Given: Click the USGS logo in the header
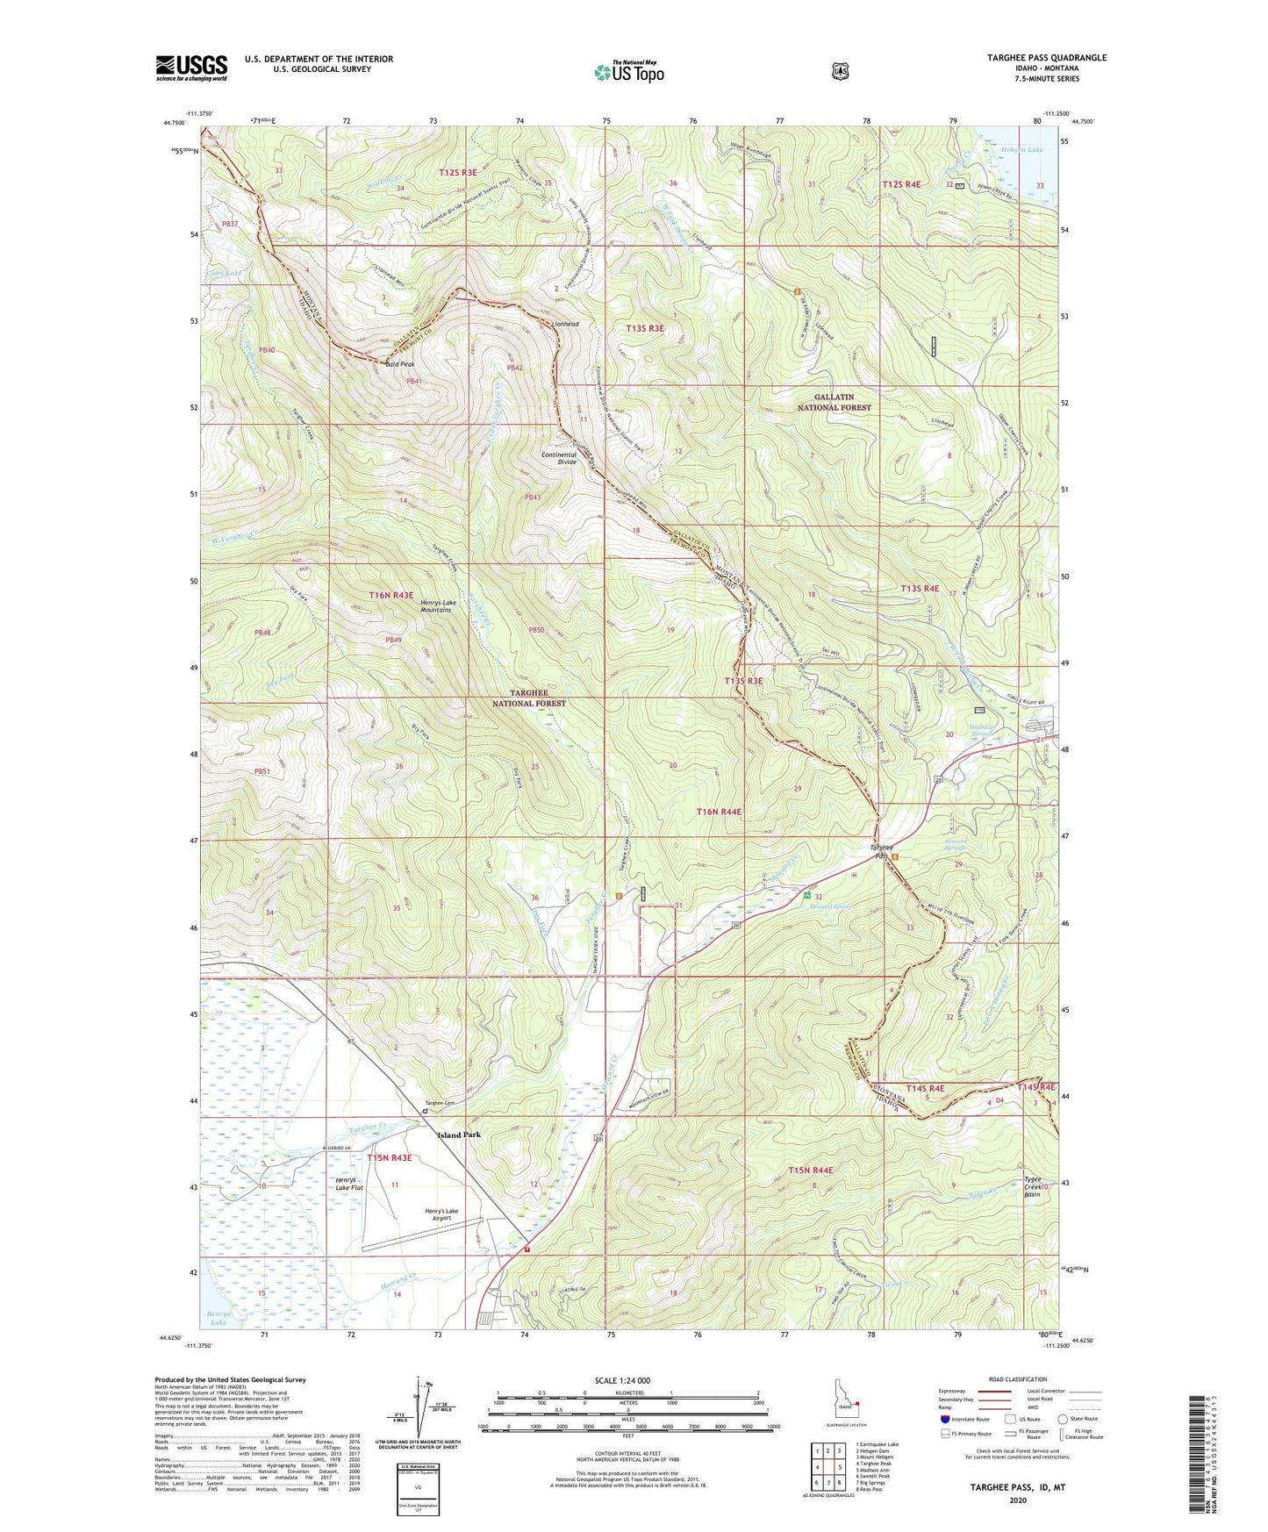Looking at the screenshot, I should pyautogui.click(x=191, y=68).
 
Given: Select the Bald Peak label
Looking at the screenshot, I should pyautogui.click(x=399, y=364).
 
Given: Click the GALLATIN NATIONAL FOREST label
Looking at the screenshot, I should pyautogui.click(x=834, y=402).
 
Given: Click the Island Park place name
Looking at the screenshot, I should pyautogui.click(x=459, y=1135).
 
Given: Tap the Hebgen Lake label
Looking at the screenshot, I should pyautogui.click(x=1021, y=150).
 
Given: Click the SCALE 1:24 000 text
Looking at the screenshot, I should pyautogui.click(x=622, y=1380).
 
